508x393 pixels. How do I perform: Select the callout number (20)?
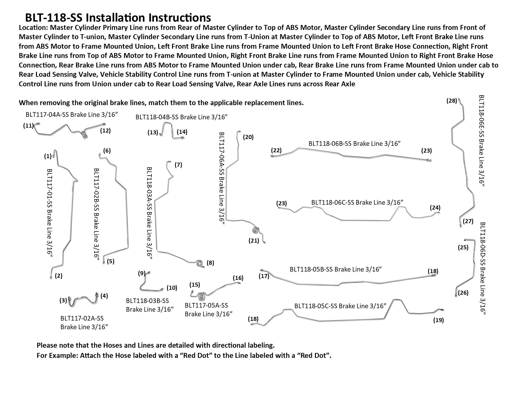[248, 137]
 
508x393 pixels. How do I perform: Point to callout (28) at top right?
[452, 101]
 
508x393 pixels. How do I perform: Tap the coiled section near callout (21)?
[256, 230]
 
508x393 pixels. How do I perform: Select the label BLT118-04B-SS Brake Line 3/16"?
[181, 117]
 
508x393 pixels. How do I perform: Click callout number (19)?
[438, 320]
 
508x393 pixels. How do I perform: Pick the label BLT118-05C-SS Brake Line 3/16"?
[340, 306]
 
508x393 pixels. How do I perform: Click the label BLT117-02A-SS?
[84, 318]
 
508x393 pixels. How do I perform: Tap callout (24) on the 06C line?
[435, 207]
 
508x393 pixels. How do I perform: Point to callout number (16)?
[238, 278]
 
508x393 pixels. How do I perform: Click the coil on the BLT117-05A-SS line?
[202, 297]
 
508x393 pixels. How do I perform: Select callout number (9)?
[142, 273]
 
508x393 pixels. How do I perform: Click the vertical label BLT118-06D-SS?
[483, 268]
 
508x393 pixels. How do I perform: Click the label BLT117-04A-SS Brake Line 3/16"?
[72, 115]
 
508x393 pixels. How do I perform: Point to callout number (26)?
[463, 293]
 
